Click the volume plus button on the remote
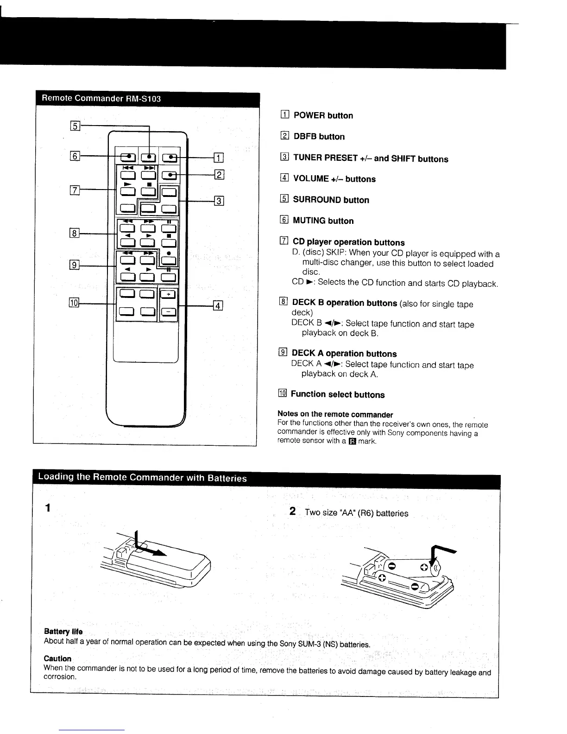coord(169,294)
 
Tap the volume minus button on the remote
coord(169,312)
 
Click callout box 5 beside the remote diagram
coord(75,126)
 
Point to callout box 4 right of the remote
coord(218,305)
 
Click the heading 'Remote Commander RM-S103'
coord(101,98)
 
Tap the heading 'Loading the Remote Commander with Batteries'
coord(142,477)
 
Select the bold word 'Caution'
coord(57,658)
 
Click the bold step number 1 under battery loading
coord(48,508)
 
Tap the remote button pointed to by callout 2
coord(170,175)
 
